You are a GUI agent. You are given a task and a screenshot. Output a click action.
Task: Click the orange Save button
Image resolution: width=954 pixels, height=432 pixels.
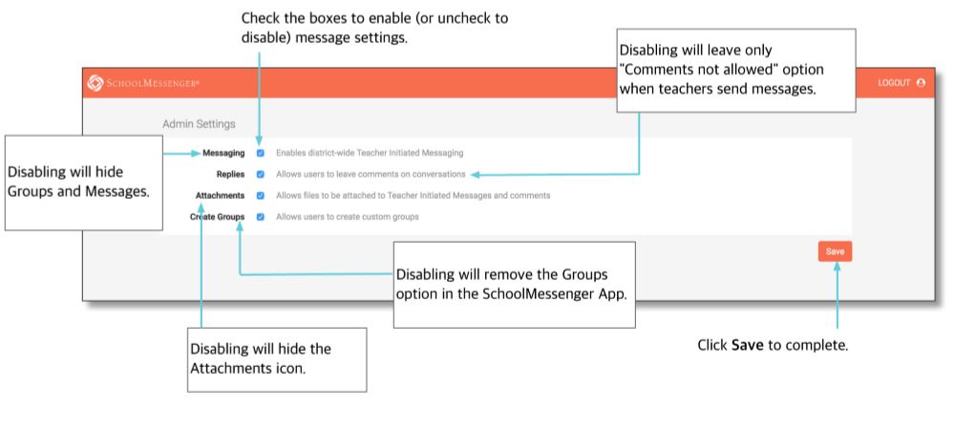coord(835,251)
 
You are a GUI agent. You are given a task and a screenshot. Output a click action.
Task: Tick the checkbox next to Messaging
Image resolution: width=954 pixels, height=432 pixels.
coord(261,153)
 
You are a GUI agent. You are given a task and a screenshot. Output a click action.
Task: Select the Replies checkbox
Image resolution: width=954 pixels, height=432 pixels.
coord(261,174)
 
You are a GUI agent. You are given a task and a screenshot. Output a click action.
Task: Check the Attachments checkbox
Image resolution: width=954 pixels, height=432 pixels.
coord(261,196)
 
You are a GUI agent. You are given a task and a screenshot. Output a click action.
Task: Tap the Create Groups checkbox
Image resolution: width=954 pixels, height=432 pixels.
coord(261,216)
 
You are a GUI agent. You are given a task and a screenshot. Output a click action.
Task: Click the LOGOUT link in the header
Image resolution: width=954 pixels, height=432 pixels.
coord(894,83)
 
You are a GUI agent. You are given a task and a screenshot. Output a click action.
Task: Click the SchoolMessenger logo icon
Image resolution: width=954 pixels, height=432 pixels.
coord(95,82)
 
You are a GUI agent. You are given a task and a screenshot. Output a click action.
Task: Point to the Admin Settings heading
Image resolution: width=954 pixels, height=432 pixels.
coord(199,123)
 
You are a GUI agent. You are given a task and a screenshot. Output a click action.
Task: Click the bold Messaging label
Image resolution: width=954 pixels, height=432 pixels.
coord(223,153)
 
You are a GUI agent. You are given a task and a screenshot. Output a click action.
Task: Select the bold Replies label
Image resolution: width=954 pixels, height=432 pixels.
coord(230,174)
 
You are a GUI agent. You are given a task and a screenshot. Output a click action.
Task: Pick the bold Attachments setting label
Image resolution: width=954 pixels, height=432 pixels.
coord(220,196)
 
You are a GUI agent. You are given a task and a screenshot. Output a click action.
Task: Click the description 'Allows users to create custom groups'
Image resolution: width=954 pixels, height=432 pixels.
coord(348,216)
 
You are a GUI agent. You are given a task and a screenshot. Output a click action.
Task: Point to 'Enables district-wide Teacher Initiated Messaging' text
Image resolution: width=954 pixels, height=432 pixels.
coord(370,153)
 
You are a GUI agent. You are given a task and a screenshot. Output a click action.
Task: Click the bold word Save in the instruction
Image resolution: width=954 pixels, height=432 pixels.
coord(747,345)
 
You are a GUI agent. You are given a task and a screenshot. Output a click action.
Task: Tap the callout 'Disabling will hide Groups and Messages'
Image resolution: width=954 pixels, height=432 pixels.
coord(84,183)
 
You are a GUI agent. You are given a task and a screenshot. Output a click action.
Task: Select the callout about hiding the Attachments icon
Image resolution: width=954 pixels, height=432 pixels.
coord(277,359)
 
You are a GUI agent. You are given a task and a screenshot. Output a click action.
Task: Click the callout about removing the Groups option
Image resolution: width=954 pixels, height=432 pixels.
coord(514,285)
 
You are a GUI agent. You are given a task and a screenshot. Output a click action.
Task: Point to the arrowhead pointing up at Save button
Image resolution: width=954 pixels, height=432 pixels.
coord(837,267)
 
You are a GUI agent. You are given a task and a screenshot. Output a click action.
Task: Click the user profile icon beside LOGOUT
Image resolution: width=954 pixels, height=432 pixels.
coord(921,83)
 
